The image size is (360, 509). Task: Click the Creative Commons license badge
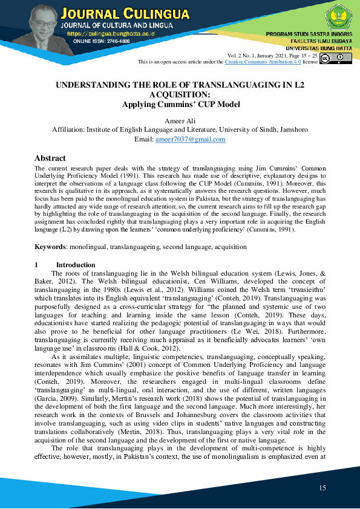click(335, 59)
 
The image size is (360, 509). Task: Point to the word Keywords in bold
click(50, 247)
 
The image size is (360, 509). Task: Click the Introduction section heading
click(76, 265)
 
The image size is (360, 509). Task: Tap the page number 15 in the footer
click(322, 487)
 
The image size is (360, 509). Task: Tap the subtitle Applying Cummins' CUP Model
click(181, 104)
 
